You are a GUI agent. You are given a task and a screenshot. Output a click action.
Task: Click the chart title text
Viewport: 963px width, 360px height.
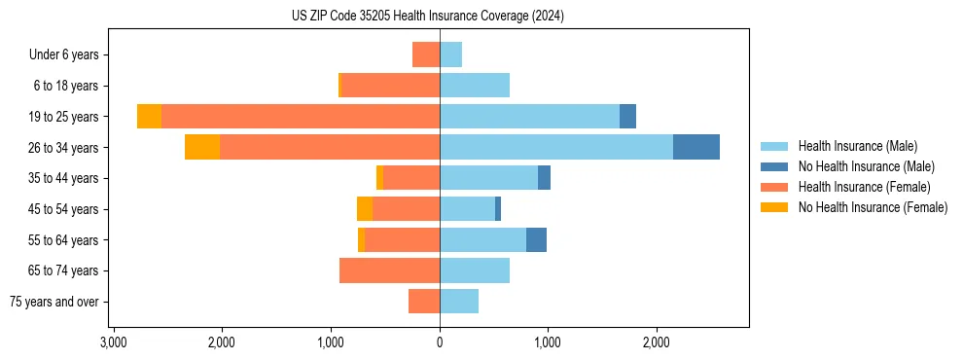428,16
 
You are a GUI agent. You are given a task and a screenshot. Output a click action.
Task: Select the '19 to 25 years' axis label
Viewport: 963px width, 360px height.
63,117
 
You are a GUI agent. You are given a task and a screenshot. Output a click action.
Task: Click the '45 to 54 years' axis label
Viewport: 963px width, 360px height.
63,209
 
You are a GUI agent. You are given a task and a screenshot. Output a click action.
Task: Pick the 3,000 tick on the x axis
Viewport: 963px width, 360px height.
113,342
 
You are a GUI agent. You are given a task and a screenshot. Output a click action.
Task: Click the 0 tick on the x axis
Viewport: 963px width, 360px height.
440,342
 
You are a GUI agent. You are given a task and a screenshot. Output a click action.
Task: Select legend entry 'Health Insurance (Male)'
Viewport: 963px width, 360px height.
857,146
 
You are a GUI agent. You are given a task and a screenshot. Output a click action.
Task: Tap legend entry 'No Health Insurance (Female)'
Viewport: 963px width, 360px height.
873,207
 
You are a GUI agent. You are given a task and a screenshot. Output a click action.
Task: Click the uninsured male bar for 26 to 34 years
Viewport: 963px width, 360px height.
696,147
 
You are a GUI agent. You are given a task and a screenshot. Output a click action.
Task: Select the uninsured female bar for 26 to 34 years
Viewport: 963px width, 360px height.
202,147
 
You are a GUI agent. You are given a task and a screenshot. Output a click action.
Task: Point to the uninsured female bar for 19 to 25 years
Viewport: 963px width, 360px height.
149,117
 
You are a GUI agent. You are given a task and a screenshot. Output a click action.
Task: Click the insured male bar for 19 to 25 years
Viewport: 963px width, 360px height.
530,117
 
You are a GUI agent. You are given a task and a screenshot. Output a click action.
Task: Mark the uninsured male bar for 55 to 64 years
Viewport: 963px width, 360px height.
536,239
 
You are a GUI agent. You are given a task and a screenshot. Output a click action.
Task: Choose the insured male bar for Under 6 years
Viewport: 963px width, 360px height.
450,54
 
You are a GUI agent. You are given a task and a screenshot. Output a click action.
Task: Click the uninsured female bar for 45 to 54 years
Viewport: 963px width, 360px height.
365,209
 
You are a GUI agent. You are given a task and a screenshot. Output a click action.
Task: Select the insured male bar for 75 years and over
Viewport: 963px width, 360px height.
459,302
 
